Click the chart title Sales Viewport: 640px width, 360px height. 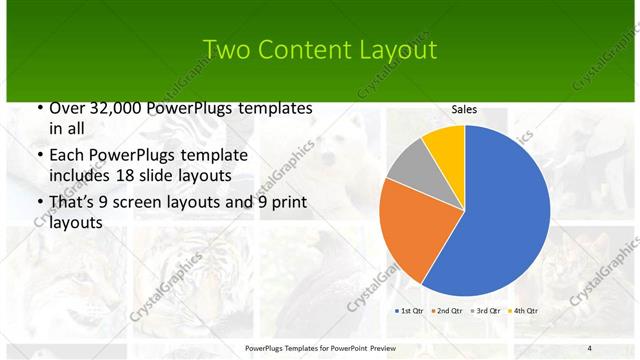click(x=464, y=109)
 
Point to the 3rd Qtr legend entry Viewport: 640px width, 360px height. click(x=487, y=311)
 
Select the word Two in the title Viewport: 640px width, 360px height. click(x=226, y=50)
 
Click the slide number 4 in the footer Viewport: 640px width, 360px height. click(x=589, y=347)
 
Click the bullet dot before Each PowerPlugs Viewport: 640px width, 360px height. click(x=39, y=156)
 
